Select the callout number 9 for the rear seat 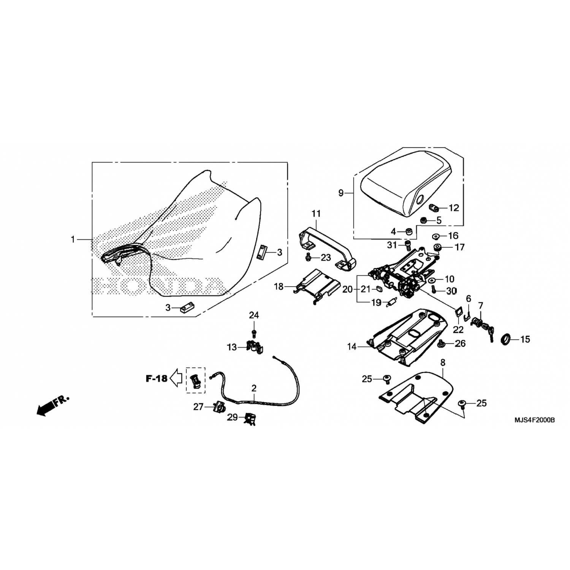[341, 193]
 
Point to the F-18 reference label [157, 378]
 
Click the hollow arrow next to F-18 [176, 378]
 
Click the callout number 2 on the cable [254, 388]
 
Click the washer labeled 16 [437, 236]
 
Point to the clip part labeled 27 [219, 407]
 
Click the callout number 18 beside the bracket [279, 287]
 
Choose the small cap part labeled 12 [434, 207]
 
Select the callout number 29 [233, 417]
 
